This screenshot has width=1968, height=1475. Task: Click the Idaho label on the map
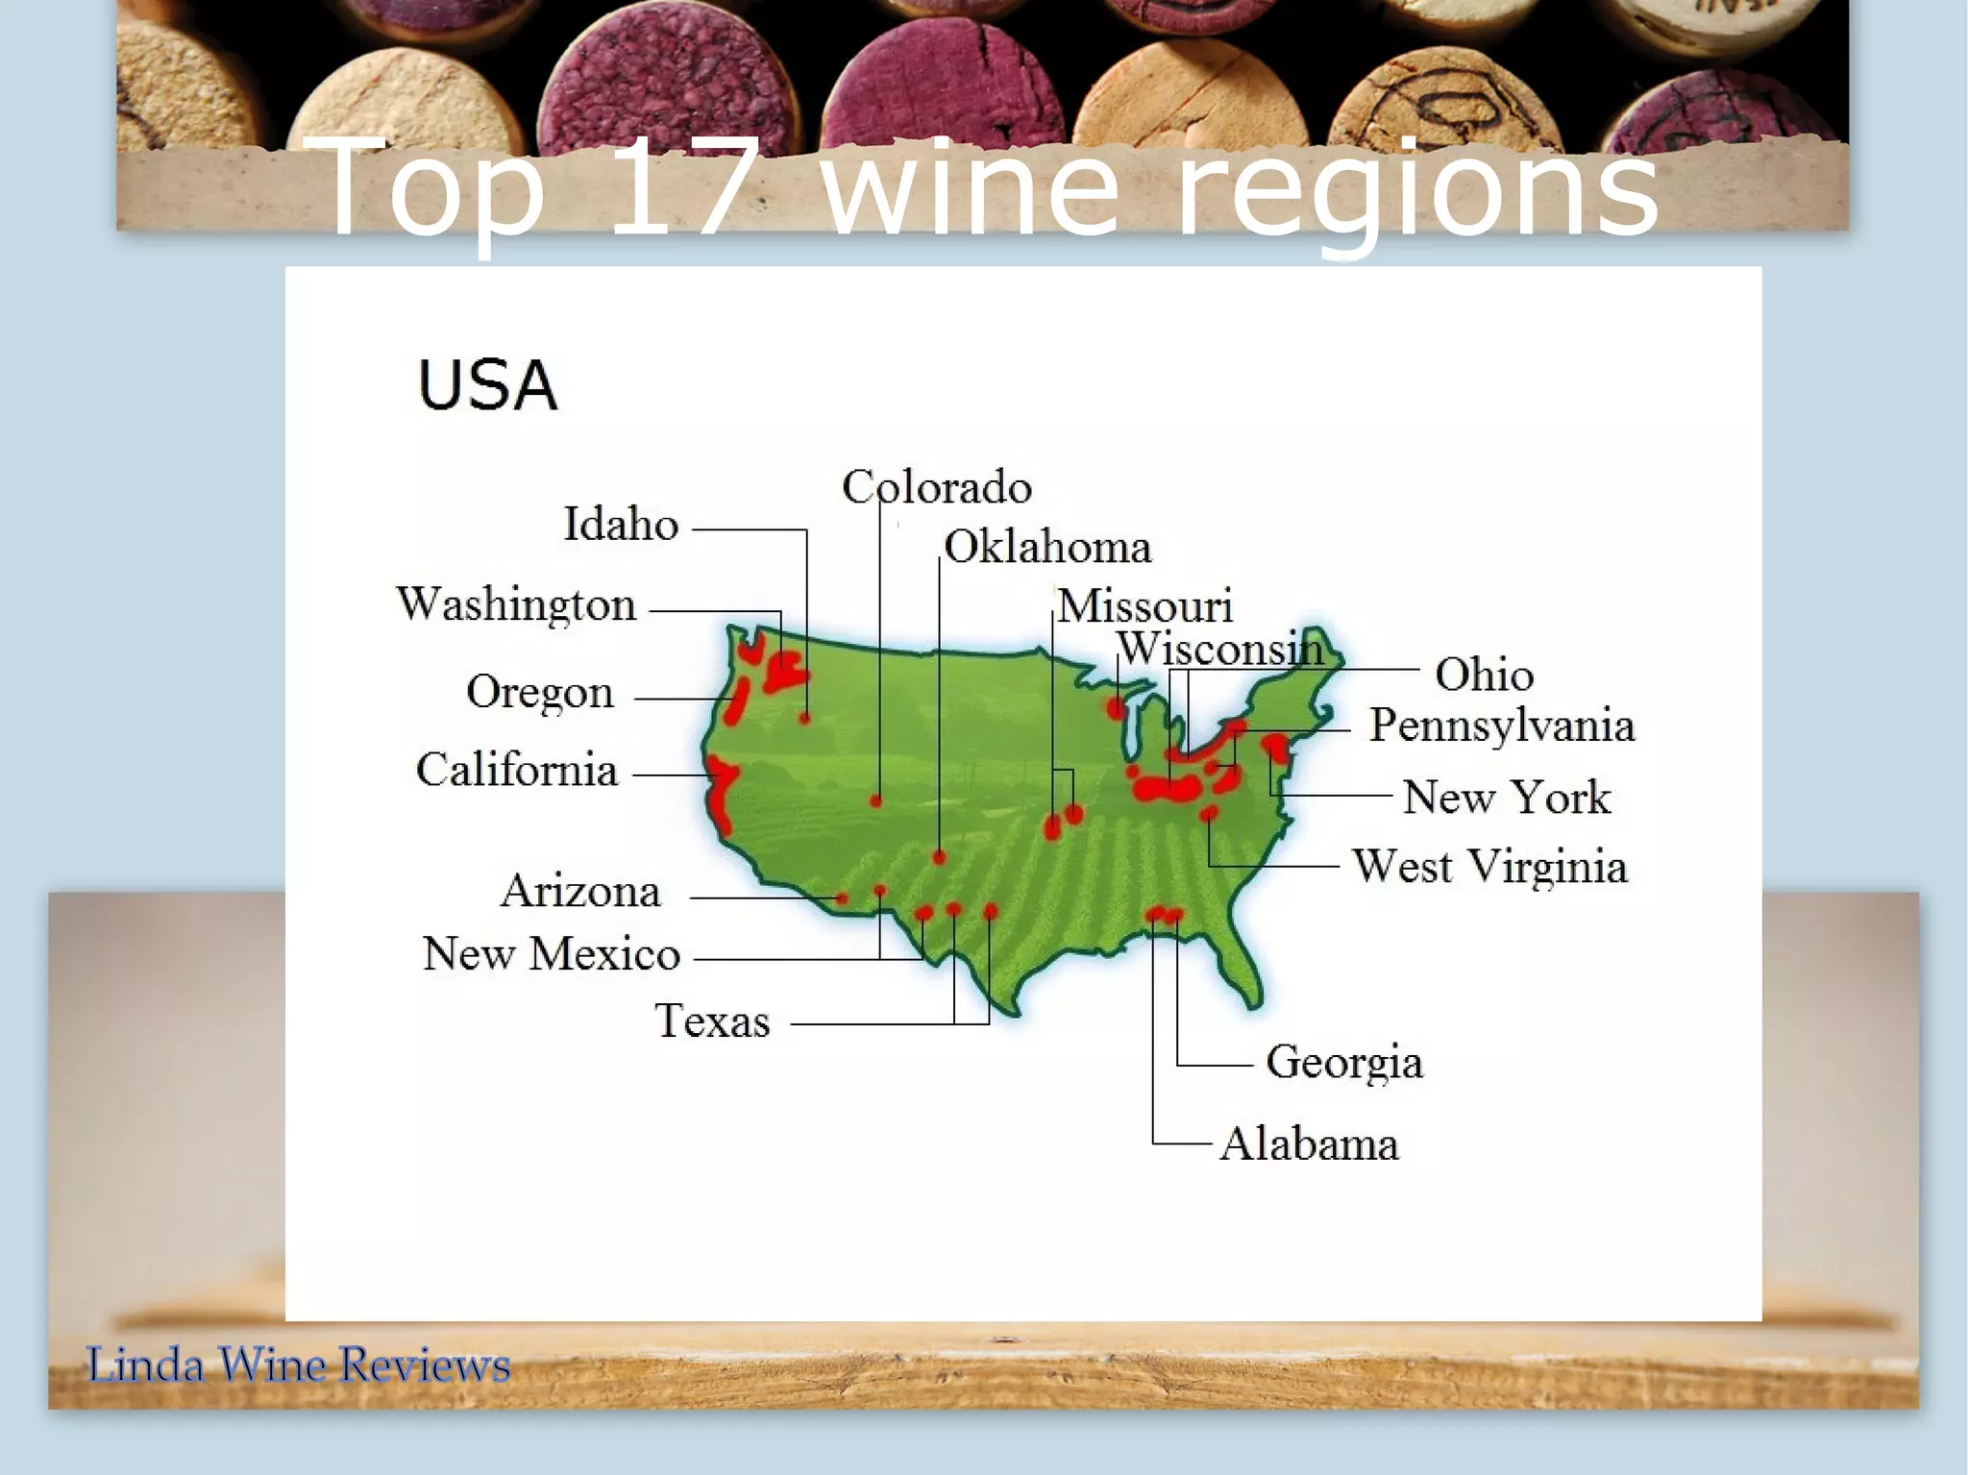[x=621, y=525]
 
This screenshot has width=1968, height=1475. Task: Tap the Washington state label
[x=517, y=605]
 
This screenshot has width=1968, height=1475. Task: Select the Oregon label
[x=540, y=693]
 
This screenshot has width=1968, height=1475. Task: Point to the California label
[x=517, y=771]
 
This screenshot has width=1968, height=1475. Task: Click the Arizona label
[x=581, y=892]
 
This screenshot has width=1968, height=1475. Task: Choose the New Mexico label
[x=552, y=954]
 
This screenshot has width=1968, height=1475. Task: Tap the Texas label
[x=712, y=1020]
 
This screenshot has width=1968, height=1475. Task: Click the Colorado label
[x=937, y=487]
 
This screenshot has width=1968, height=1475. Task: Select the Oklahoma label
[x=1047, y=548]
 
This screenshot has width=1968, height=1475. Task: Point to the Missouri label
[x=1144, y=606]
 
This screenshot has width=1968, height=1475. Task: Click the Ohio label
[x=1484, y=675]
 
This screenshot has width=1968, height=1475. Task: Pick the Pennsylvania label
[x=1502, y=725]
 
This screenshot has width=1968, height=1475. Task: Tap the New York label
[x=1507, y=798]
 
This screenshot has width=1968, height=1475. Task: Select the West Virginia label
[x=1490, y=867]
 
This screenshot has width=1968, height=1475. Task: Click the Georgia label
[x=1344, y=1063]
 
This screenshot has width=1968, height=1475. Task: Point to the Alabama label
[x=1310, y=1144]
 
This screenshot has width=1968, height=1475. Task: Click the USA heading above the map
[x=487, y=386]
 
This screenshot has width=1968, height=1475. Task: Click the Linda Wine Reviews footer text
[x=298, y=1365]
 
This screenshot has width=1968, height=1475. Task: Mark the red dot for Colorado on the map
[x=876, y=800]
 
